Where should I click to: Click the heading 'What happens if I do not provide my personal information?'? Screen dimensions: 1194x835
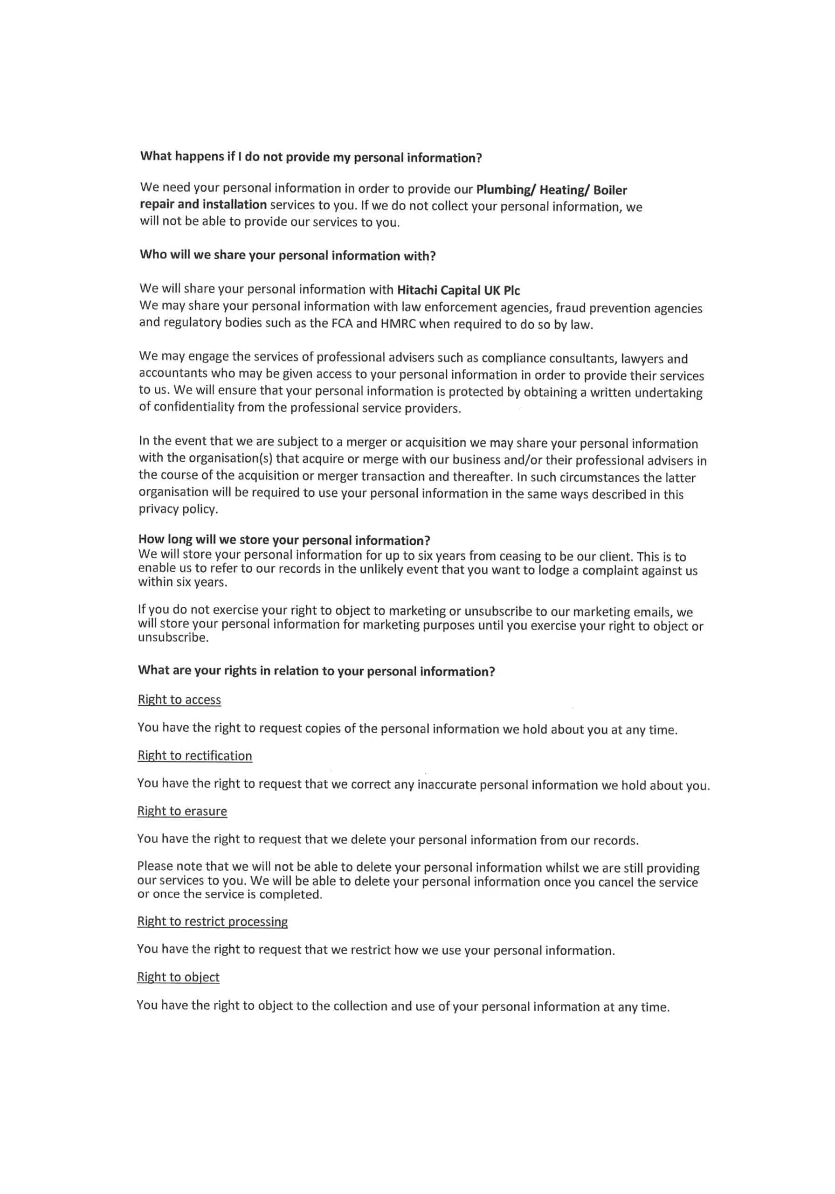(x=311, y=157)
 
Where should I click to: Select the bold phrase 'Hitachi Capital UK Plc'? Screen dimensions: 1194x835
(x=458, y=290)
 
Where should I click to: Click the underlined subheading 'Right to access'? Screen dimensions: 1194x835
(x=179, y=700)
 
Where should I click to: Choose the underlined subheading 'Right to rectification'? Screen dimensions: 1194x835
(x=194, y=756)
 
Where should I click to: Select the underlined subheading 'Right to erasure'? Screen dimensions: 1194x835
(x=182, y=811)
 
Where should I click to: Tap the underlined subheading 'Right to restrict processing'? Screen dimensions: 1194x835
(x=212, y=922)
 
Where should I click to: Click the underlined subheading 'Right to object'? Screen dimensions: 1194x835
(x=179, y=977)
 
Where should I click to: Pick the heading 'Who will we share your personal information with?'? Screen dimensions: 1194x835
(x=288, y=255)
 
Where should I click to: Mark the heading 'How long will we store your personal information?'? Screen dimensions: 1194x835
(x=284, y=540)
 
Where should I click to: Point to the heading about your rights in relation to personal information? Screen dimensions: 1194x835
(x=316, y=671)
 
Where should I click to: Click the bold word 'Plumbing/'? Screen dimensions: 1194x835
(x=505, y=190)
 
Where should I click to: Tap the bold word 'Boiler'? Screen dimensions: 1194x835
(x=610, y=190)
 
